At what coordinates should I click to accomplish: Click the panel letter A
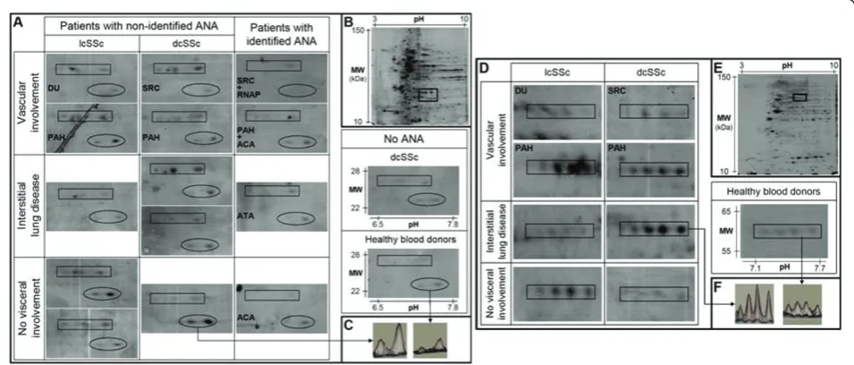20,23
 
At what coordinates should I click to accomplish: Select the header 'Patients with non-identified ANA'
139,26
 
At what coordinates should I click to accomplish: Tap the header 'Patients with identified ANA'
281,33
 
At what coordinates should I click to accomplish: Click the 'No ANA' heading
405,139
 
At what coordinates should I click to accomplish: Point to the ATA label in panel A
246,216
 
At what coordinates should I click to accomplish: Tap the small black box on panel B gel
428,94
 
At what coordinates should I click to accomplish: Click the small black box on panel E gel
799,97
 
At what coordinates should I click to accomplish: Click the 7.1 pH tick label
755,269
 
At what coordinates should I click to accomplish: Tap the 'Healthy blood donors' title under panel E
775,191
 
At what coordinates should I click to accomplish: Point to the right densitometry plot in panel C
430,341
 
